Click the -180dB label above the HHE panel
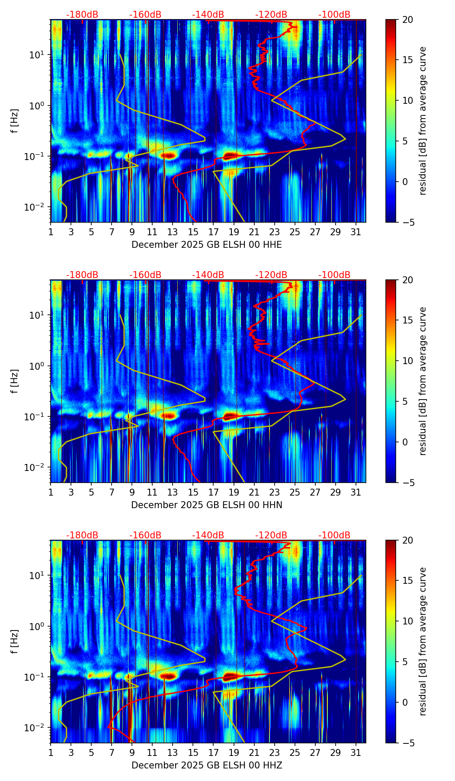coord(82,15)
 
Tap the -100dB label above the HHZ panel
coord(334,535)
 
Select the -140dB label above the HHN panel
coord(208,275)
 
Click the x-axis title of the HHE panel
coord(206,245)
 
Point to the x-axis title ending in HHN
coord(206,505)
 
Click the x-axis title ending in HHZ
coord(206,765)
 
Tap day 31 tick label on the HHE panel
coord(356,232)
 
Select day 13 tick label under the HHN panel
coord(173,493)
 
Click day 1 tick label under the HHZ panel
coord(51,753)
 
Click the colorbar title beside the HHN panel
coord(423,381)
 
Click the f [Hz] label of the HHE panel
coord(15,121)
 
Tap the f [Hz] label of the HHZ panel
coord(15,642)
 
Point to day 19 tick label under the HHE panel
coord(234,232)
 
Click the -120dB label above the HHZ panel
coord(271,535)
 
